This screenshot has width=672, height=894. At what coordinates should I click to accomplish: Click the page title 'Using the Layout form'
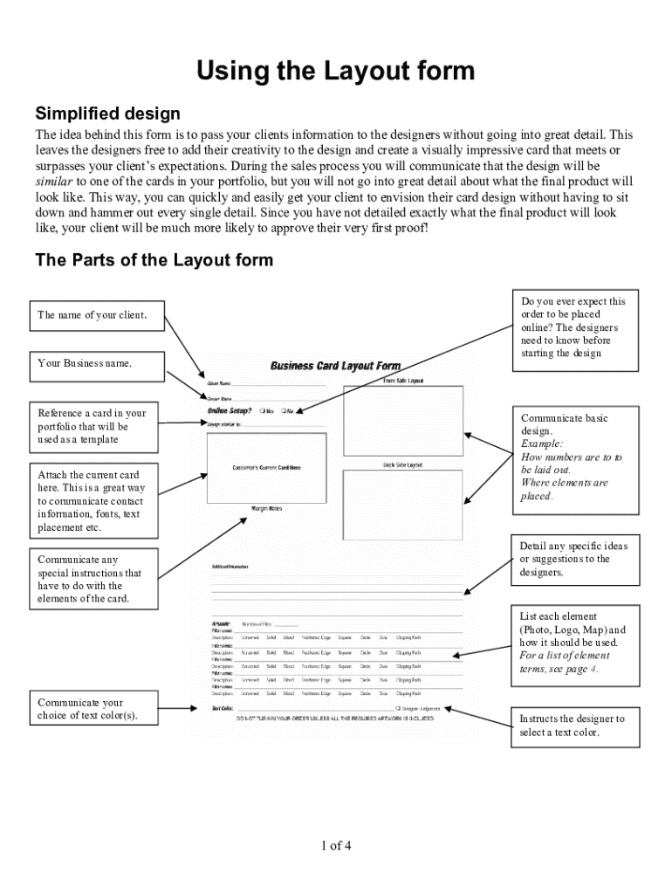335,71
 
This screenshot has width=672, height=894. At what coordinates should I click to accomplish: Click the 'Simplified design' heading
107,113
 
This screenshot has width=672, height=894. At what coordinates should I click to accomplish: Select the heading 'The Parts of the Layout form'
154,260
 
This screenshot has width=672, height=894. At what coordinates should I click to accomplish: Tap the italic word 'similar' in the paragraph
53,182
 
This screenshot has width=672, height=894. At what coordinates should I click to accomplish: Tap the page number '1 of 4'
336,845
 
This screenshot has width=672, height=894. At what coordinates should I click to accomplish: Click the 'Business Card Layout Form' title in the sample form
335,366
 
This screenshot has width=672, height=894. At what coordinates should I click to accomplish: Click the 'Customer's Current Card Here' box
266,467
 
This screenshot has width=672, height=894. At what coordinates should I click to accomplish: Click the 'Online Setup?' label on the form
230,410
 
